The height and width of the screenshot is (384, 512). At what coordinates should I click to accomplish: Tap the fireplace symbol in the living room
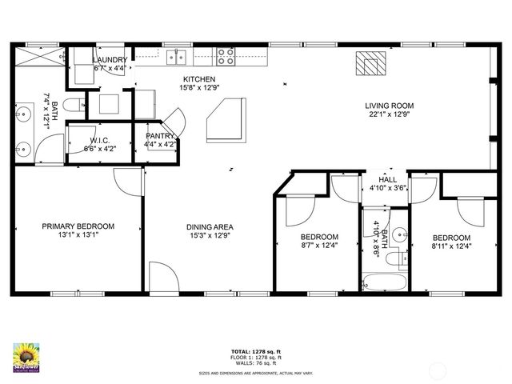point(370,63)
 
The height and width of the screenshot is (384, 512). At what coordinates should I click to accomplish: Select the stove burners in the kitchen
point(226,57)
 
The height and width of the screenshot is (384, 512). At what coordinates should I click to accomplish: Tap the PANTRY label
point(159,136)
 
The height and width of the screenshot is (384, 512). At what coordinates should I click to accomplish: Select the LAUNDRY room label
point(110,61)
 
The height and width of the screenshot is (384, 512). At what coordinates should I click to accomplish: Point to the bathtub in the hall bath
point(385,281)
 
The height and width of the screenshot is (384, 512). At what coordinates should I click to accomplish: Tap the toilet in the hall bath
point(394,258)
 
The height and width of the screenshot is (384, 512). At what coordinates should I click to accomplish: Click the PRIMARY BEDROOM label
point(78,226)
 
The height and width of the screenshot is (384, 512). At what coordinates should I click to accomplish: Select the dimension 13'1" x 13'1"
point(78,236)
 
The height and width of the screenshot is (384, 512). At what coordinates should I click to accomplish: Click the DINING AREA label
point(210,226)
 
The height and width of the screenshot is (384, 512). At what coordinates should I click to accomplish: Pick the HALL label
point(387,179)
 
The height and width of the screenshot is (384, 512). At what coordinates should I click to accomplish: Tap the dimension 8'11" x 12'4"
point(452,247)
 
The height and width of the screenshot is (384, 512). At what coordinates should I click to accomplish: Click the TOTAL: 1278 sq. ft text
point(255,350)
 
